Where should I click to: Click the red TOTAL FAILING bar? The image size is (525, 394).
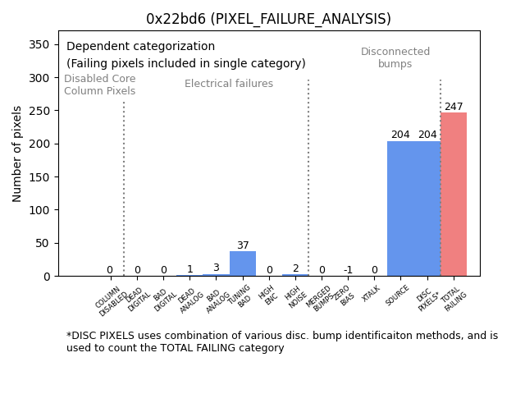(454, 195)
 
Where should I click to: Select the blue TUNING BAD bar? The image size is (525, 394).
(243, 263)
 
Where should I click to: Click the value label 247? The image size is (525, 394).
(454, 107)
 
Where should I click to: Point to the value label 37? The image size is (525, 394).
(243, 245)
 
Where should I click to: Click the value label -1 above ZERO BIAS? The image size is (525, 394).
(348, 270)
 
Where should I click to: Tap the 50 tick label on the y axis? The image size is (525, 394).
(44, 243)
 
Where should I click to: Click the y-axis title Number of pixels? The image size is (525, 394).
(17, 153)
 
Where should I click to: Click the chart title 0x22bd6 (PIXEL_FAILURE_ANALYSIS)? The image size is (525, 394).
(268, 19)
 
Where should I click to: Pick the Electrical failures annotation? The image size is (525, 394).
(229, 84)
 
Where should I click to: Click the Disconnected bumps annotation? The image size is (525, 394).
(395, 57)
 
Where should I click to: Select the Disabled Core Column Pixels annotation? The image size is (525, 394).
(100, 85)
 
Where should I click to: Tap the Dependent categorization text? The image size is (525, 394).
(140, 47)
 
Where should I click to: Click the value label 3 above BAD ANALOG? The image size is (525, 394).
(216, 268)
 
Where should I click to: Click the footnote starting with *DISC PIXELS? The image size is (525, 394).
(282, 341)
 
